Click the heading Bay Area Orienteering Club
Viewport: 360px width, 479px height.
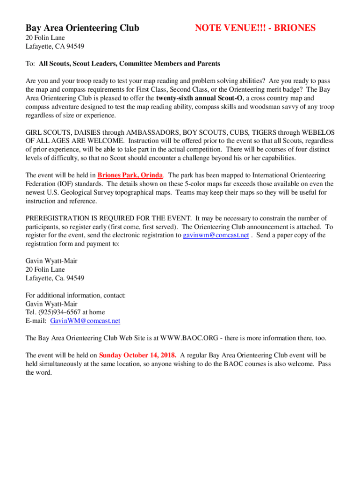[x=82, y=28]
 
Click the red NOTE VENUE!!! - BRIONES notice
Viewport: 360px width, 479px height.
[x=255, y=28]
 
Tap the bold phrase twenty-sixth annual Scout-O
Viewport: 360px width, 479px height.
[x=200, y=98]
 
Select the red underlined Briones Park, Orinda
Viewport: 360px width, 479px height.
[x=130, y=175]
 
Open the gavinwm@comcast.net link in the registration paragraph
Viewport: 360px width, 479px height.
[x=216, y=235]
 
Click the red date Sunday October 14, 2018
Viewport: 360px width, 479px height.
[x=137, y=355]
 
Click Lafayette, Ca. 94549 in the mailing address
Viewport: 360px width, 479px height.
[x=55, y=278]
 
